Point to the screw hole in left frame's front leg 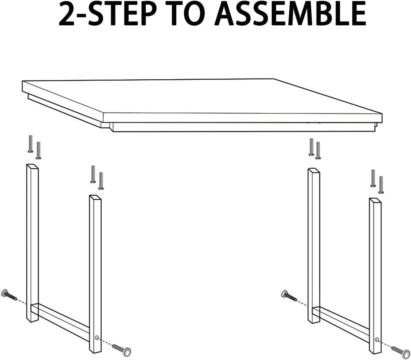tap(97, 338)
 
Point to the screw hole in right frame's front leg tap(377, 339)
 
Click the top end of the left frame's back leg tap(32, 167)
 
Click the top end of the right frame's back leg tap(313, 171)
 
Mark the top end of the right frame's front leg tap(375, 200)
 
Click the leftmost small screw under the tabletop tap(31, 144)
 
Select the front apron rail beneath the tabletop tap(245, 127)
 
